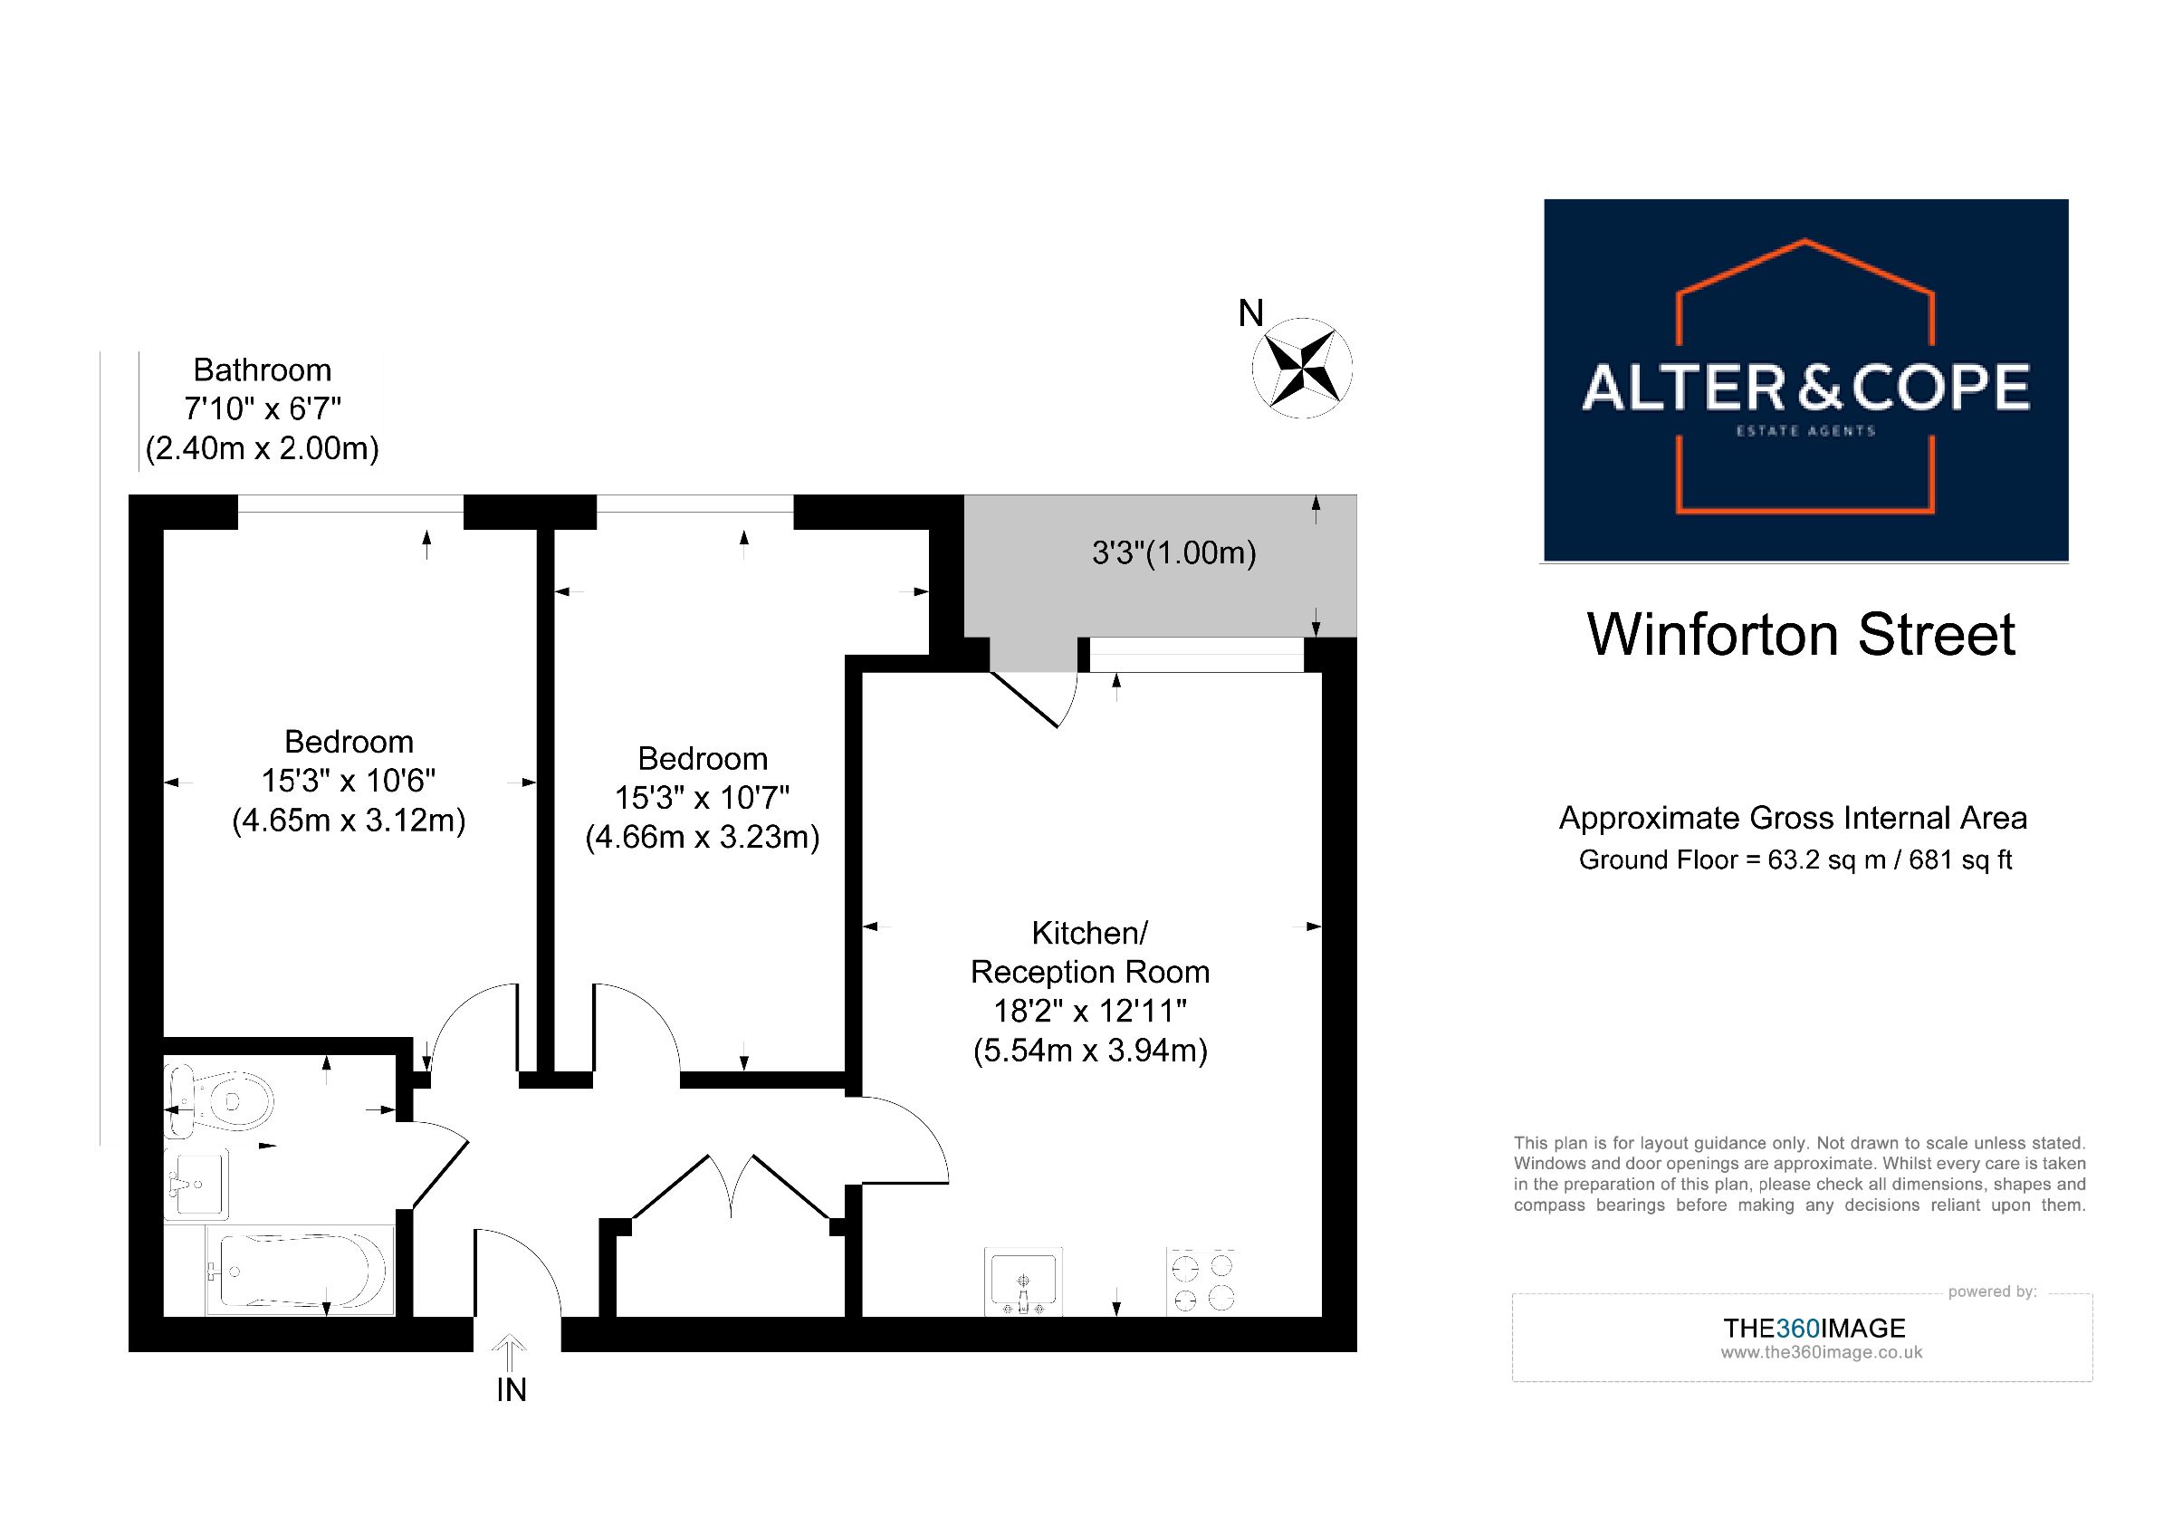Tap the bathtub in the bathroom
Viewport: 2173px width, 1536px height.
point(298,1270)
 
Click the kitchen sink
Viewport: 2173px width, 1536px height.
point(1023,1282)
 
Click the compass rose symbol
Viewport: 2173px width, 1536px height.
point(1302,367)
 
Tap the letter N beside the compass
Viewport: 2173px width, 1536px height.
point(1250,313)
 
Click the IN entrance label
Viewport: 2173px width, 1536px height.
point(511,1389)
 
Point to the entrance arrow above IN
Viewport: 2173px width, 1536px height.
point(510,1351)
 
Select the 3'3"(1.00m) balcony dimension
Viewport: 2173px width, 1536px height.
point(1173,552)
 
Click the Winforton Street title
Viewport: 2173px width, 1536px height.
point(1801,634)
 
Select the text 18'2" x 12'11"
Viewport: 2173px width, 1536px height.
point(1089,1011)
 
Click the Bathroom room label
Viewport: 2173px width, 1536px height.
point(263,370)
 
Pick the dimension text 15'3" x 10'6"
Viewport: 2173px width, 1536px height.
point(349,781)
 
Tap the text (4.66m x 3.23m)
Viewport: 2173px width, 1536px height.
point(703,837)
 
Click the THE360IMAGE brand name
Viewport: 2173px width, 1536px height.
point(1814,1328)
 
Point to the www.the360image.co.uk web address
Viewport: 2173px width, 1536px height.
point(1821,1352)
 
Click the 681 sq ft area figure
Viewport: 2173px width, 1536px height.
point(1960,860)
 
